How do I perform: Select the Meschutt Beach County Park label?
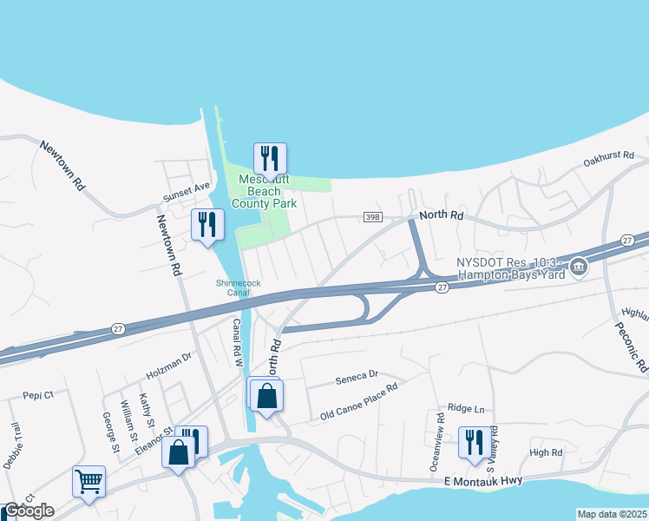click(265, 191)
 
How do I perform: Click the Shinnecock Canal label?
click(233, 287)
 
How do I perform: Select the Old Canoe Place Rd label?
click(358, 402)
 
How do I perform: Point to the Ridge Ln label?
click(466, 408)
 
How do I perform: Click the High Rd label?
click(546, 452)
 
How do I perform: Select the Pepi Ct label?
click(38, 394)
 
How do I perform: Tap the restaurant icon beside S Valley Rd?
click(474, 442)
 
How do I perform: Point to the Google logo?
click(29, 511)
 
